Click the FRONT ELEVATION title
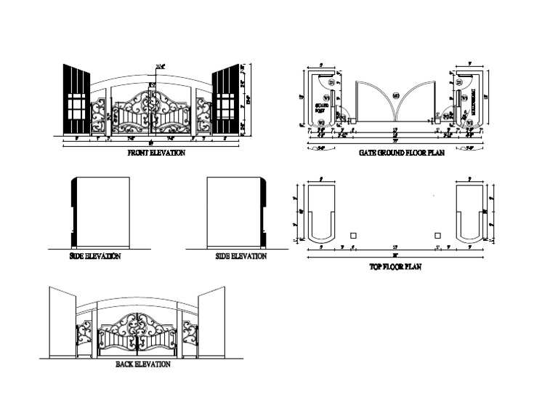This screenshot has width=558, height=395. pyautogui.click(x=156, y=153)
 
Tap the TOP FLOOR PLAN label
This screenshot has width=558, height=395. pyautogui.click(x=396, y=267)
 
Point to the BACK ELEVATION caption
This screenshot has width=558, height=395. pyautogui.click(x=143, y=364)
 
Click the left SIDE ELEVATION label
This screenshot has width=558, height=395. pyautogui.click(x=94, y=256)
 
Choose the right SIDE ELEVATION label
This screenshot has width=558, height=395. pyautogui.click(x=241, y=256)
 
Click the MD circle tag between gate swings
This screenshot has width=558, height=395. pyautogui.click(x=396, y=95)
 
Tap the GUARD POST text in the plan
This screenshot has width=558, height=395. pyautogui.click(x=322, y=109)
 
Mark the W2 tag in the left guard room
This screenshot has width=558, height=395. pyautogui.click(x=321, y=124)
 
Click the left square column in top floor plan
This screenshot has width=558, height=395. pyautogui.click(x=354, y=236)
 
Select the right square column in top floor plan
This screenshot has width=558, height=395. pyautogui.click(x=438, y=236)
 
